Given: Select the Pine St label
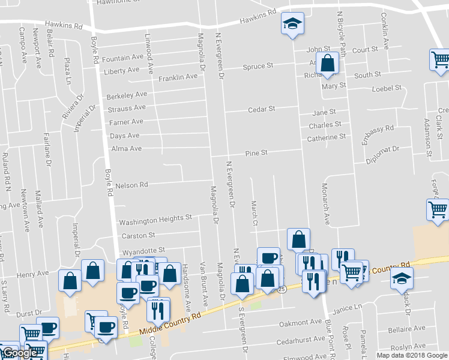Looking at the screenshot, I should pyautogui.click(x=256, y=154).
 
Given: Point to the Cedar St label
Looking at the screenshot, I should pyautogui.click(x=262, y=109).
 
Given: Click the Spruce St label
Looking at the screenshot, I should pyautogui.click(x=258, y=66).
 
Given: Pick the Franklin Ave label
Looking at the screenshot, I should pyautogui.click(x=178, y=77).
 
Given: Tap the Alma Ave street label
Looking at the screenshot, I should pyautogui.click(x=125, y=148).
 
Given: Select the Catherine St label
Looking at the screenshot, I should pyautogui.click(x=327, y=137).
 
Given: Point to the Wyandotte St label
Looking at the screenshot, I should pyautogui.click(x=143, y=250).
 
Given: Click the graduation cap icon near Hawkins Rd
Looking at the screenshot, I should pyautogui.click(x=292, y=24).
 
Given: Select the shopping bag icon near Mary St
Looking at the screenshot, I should pyautogui.click(x=328, y=63).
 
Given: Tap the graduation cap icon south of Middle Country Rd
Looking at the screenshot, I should pyautogui.click(x=402, y=278).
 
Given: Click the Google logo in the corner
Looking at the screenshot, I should pyautogui.click(x=20, y=353).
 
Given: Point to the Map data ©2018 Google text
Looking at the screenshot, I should pyautogui.click(x=411, y=355).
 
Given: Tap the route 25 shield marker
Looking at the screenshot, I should pyautogui.click(x=282, y=289).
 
